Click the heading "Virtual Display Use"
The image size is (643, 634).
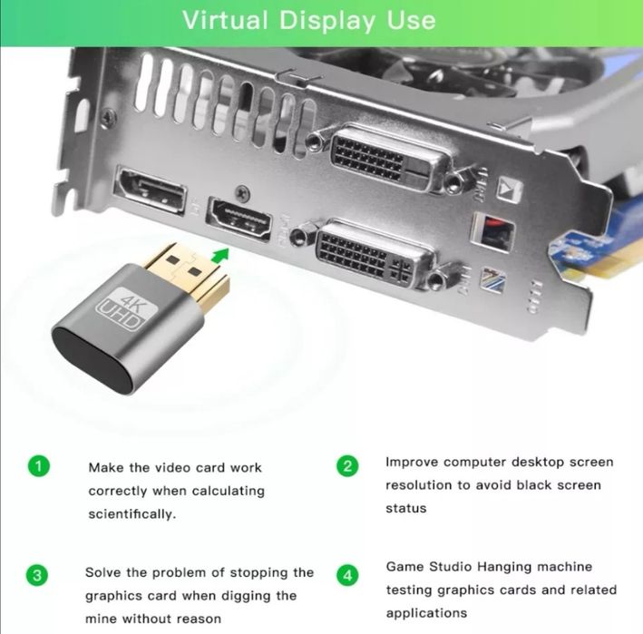[308, 20]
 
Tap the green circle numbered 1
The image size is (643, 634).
[37, 467]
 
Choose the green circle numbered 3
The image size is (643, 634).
[37, 574]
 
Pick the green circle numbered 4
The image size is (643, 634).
[347, 574]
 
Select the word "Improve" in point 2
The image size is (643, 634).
[413, 463]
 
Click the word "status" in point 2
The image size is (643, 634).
[405, 508]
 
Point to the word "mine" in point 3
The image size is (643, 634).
[104, 619]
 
